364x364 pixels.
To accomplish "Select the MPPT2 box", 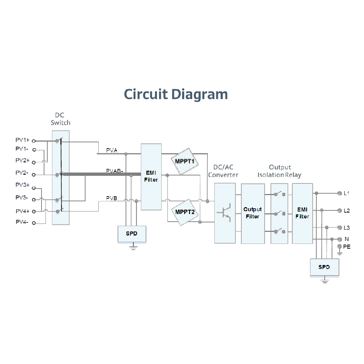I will coord(185,212).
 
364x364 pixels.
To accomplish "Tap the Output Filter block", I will coord(253,213).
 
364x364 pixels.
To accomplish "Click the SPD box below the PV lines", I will coord(132,234).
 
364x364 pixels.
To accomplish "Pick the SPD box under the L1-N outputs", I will coord(324,267).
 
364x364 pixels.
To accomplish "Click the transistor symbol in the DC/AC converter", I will coord(225,213).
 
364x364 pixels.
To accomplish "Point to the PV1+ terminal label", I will coord(22,140).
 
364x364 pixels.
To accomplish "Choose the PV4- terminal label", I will coord(22,222).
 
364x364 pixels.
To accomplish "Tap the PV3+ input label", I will coord(22,185).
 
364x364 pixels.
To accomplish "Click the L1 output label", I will coord(347,193).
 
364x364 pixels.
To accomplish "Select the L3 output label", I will coord(347,228).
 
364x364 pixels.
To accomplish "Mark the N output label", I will coord(347,239).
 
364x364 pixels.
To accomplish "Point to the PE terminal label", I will coord(347,247).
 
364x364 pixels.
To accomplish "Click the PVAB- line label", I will coord(114,171).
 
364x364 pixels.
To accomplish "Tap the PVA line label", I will coord(112,150).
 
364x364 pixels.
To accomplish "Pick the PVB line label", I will coord(112,198).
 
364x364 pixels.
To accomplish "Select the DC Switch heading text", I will coord(60,119).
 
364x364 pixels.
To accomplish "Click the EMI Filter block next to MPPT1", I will coord(151,177).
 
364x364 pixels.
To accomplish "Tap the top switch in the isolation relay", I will coord(280,194).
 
